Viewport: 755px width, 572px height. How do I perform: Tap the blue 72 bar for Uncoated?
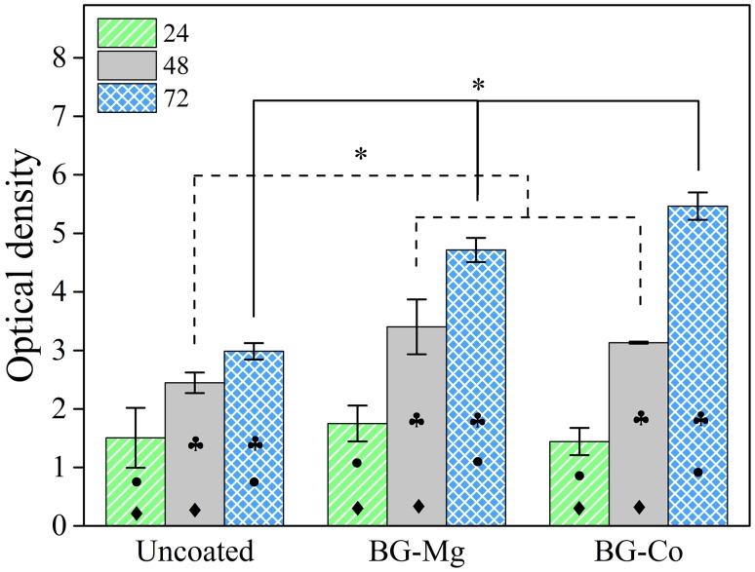coord(254,439)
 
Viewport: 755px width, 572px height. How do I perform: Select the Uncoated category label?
coord(194,551)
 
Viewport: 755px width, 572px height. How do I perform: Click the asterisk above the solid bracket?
coord(478,86)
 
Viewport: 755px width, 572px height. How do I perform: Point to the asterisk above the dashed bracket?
coord(361,156)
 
